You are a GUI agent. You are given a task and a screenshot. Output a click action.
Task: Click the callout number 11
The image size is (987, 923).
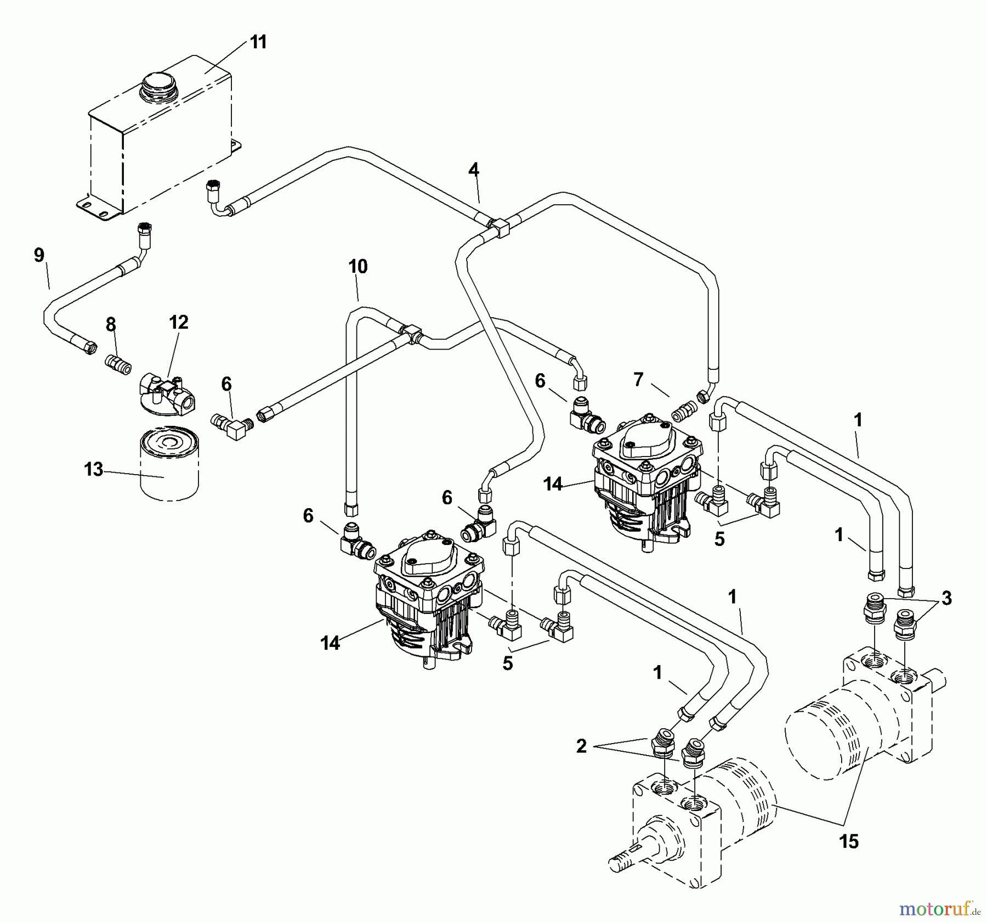click(x=258, y=42)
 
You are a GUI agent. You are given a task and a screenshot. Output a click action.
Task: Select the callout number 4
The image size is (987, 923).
click(x=474, y=170)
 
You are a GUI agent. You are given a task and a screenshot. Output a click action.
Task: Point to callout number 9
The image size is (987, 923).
click(x=39, y=255)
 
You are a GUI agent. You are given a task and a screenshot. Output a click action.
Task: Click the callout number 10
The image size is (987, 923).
click(x=358, y=267)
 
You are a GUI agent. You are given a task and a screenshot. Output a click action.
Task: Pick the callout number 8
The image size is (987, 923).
click(x=111, y=325)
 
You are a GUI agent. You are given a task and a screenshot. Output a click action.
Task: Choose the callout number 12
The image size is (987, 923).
click(x=179, y=322)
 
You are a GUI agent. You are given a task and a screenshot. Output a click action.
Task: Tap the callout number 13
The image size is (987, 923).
click(x=93, y=470)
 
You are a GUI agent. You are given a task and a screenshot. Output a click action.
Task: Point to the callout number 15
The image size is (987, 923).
click(x=849, y=841)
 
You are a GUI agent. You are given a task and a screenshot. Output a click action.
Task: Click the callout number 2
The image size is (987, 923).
click(x=581, y=746)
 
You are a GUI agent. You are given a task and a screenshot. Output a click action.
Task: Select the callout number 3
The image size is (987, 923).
click(x=946, y=599)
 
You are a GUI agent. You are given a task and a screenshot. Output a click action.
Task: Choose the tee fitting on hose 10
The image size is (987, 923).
click(x=412, y=333)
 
